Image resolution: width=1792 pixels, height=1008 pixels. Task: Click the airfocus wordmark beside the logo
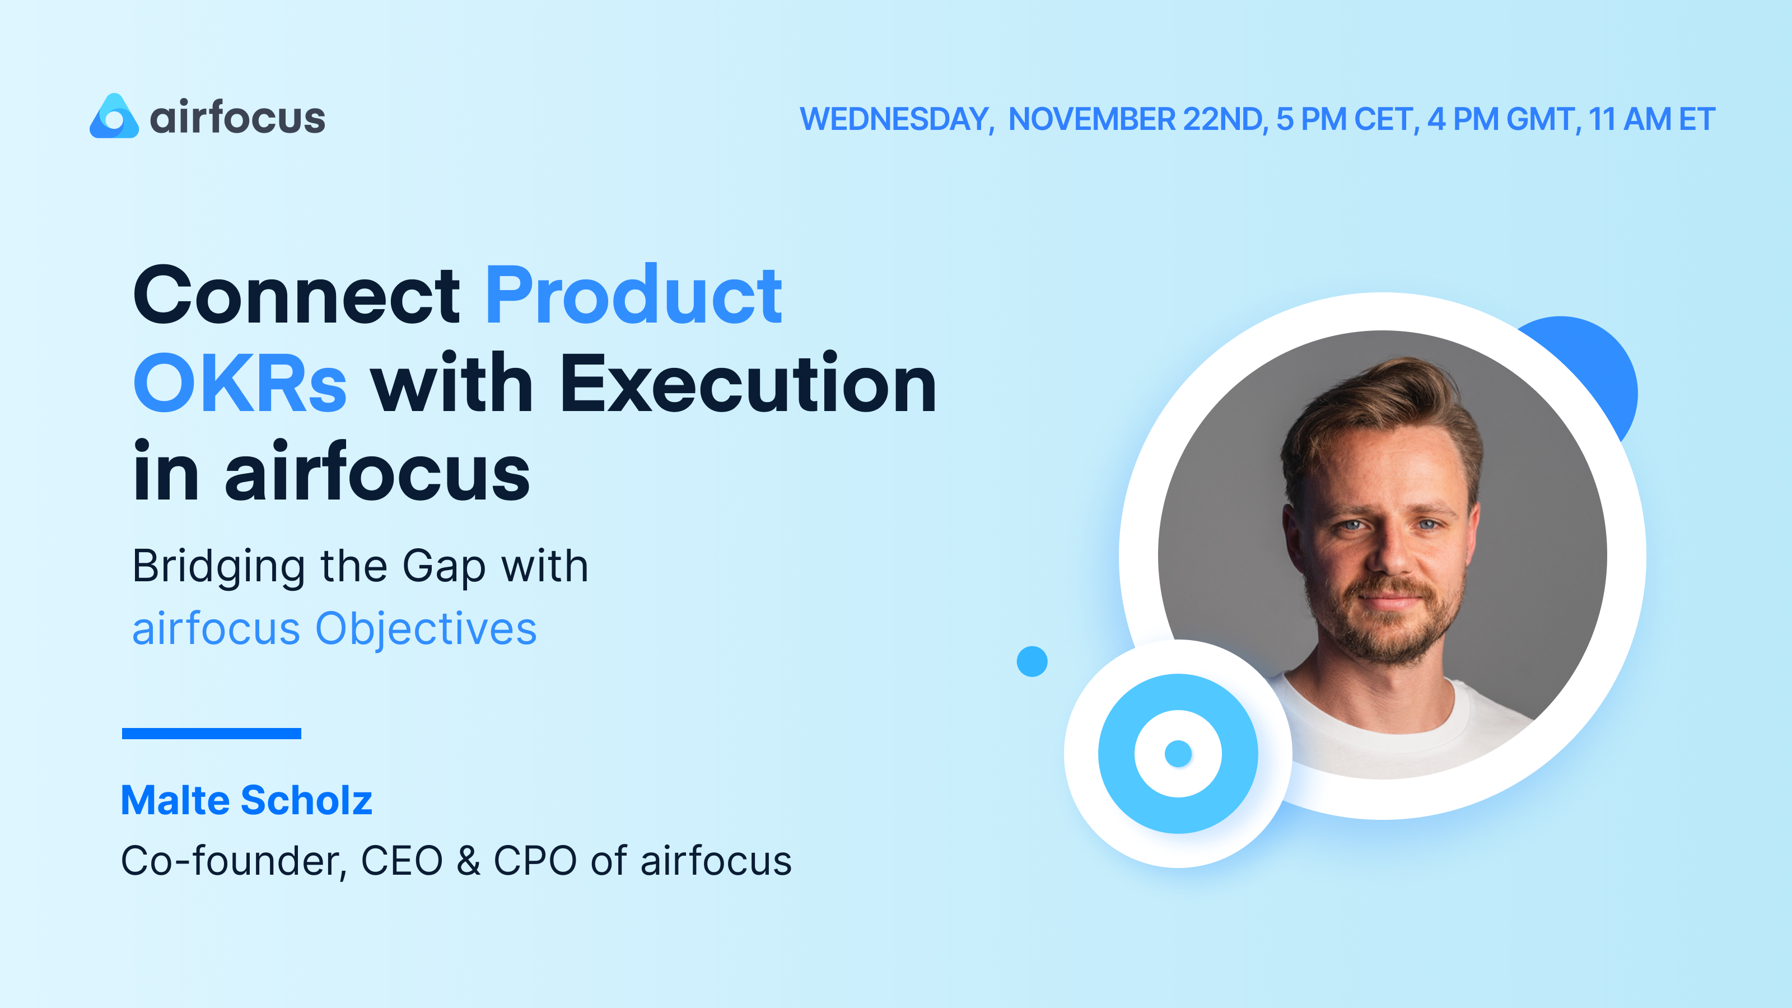237,118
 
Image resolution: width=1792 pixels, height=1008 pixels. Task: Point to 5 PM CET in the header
1347,119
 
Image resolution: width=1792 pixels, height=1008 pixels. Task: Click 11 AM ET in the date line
1651,119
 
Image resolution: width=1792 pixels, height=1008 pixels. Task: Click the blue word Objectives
426,629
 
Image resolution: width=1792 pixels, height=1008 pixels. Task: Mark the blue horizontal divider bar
212,733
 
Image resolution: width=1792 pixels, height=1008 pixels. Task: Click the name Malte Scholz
246,800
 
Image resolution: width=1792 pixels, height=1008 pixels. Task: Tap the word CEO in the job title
402,861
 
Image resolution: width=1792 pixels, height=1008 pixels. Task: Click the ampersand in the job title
468,861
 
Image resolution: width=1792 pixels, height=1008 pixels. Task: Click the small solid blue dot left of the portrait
1032,661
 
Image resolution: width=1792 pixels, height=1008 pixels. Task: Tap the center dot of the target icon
1178,753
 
